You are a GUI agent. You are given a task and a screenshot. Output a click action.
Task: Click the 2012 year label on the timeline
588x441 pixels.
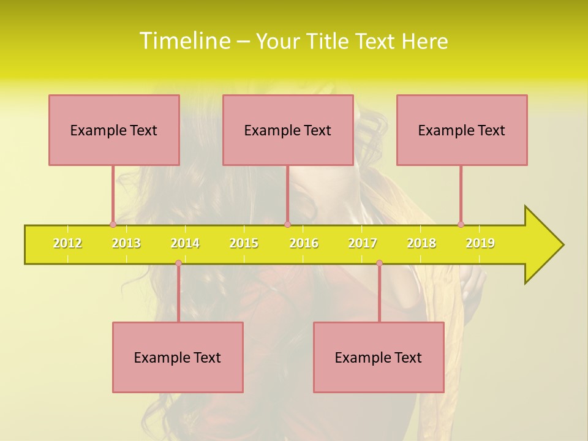[67, 244]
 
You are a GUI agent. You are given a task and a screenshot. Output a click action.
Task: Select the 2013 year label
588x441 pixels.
[126, 244]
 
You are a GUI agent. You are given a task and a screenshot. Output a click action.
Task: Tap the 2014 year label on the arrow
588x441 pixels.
[185, 244]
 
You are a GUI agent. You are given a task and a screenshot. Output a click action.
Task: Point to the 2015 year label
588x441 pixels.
[244, 244]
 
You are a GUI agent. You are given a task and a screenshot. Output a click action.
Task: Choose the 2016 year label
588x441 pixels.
[304, 244]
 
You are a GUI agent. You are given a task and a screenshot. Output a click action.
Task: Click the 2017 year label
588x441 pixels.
[363, 244]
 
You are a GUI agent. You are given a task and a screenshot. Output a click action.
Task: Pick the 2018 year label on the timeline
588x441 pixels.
[421, 244]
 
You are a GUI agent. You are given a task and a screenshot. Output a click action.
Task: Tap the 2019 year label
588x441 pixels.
[480, 244]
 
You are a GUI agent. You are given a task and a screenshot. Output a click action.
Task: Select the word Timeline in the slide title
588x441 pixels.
[184, 41]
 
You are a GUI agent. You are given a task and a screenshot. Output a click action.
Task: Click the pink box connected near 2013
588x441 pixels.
[114, 130]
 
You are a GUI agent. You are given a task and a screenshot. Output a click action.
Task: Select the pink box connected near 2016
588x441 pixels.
[288, 130]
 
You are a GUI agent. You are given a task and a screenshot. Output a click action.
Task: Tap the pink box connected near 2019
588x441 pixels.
[462, 130]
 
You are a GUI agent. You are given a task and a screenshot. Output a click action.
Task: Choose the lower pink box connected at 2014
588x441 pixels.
[178, 357]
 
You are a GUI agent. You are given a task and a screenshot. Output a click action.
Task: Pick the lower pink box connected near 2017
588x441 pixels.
[379, 357]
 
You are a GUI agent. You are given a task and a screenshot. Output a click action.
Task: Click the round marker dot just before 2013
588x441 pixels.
[113, 224]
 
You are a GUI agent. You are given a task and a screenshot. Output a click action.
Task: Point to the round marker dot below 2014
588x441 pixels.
[178, 263]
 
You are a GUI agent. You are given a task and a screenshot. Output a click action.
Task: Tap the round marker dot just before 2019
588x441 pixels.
[461, 224]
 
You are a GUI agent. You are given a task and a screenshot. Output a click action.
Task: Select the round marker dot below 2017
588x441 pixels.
[379, 263]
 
